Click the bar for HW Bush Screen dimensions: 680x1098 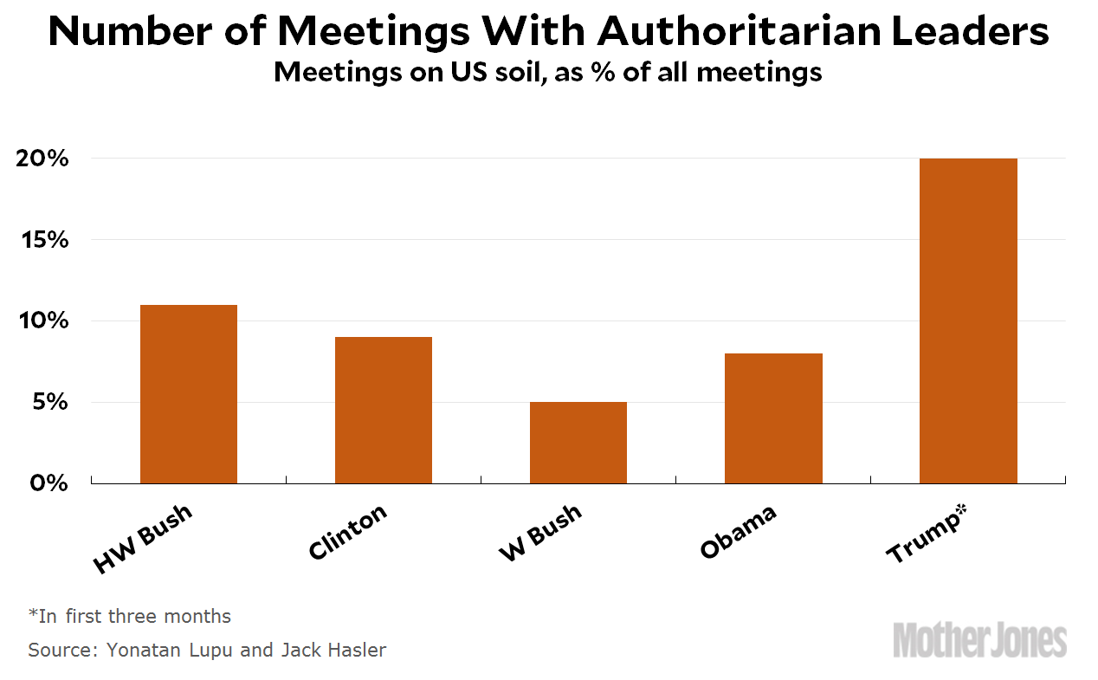pos(189,394)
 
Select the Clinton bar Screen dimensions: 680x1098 pos(384,410)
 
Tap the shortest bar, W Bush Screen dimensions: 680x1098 pos(578,443)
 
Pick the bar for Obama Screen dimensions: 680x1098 pos(773,418)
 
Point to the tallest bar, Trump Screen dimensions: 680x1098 pos(968,321)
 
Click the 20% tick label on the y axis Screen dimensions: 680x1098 pos(41,159)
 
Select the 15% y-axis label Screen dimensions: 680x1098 pos(41,240)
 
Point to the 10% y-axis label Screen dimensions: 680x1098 pos(41,321)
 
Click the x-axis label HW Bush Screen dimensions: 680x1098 pos(143,538)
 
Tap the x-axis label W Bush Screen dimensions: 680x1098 pos(540,532)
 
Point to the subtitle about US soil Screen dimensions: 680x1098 pos(547,72)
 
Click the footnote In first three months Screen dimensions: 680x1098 pos(130,617)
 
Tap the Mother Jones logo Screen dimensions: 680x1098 pos(979,640)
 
